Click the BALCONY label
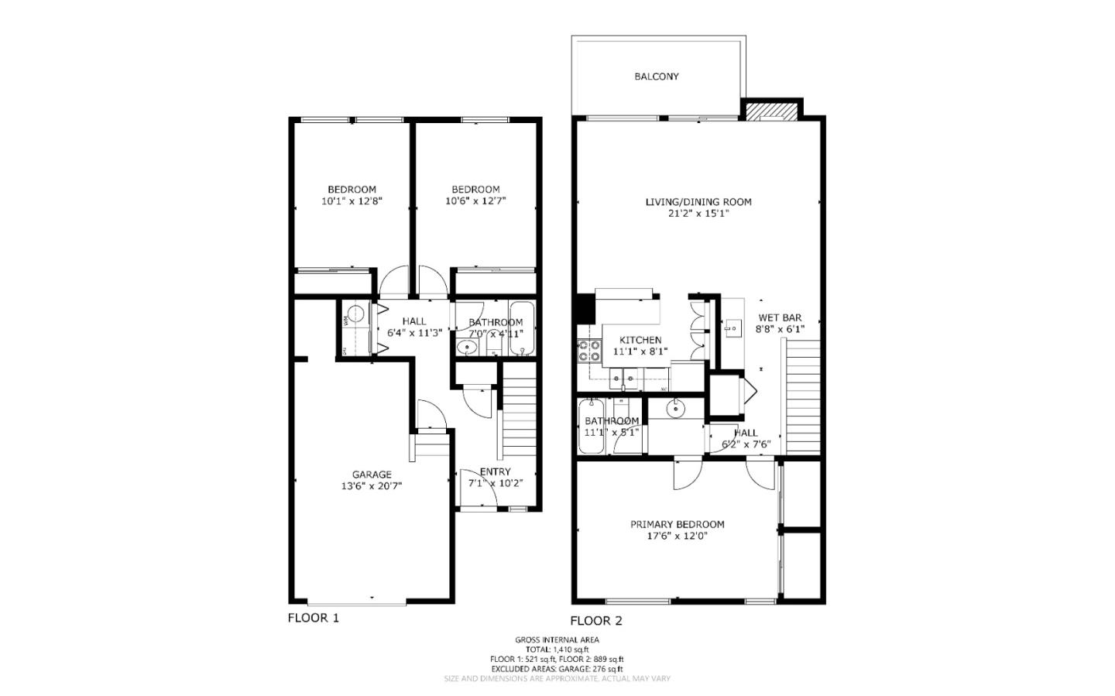(657, 77)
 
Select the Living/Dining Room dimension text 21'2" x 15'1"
(698, 214)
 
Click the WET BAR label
(779, 317)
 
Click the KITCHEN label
(640, 340)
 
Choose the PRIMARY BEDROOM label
(677, 524)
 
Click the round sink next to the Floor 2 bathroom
(676, 408)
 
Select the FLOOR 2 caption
(596, 620)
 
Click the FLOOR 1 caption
(313, 618)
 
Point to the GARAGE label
(372, 475)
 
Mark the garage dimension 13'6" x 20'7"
(372, 486)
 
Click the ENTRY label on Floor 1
(495, 471)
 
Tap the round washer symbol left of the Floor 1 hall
(355, 314)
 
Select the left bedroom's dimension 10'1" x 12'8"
(352, 201)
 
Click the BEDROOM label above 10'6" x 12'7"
(475, 189)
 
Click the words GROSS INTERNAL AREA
(557, 639)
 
